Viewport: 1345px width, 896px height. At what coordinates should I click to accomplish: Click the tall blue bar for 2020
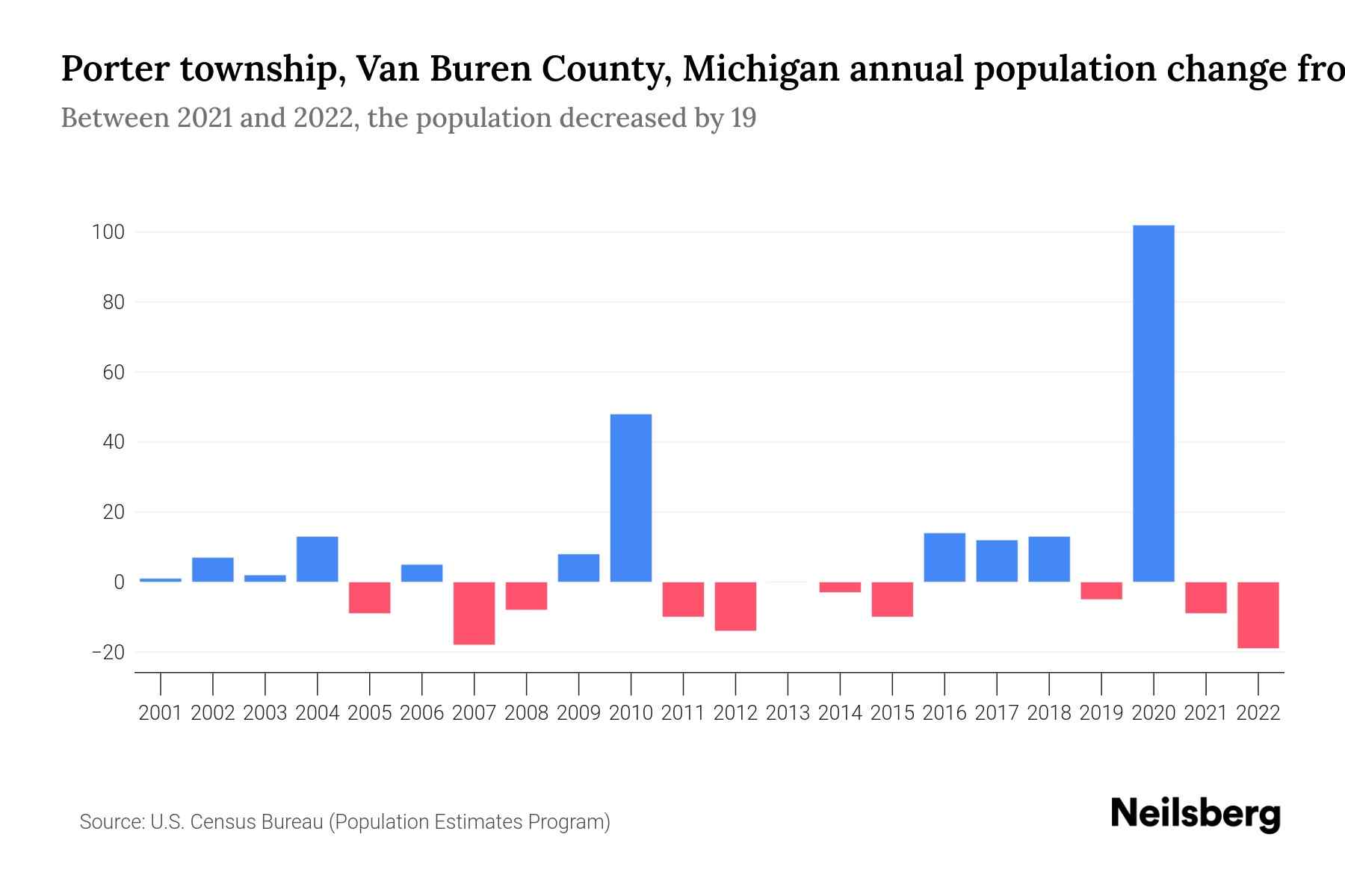point(1153,403)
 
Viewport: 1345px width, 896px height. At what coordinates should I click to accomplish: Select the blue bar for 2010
point(631,498)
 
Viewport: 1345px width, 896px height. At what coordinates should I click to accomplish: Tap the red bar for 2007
point(474,613)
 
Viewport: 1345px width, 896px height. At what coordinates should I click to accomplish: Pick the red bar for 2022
point(1258,615)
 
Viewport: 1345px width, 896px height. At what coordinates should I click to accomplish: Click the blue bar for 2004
point(317,559)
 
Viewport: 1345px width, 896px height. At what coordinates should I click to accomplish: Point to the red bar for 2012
point(735,606)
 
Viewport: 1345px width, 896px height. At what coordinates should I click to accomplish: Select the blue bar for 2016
point(944,557)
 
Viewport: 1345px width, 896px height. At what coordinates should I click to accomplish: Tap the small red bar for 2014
point(840,587)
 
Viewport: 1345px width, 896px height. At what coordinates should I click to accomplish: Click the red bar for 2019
point(1101,591)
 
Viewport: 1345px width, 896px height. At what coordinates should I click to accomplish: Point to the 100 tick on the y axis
point(108,232)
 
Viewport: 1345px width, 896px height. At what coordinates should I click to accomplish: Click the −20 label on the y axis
point(108,653)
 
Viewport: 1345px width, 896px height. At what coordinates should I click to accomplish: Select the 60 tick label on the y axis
point(113,373)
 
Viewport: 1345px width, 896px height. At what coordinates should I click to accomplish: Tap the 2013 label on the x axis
point(788,713)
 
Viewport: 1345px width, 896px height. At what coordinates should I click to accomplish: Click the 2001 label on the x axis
point(161,713)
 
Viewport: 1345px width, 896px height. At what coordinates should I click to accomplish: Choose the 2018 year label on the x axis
point(1048,713)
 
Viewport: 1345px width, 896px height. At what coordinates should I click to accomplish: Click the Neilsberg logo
point(1196,814)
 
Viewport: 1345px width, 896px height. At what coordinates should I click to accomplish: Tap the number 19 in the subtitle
point(743,118)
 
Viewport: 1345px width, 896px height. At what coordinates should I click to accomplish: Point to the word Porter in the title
point(114,69)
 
